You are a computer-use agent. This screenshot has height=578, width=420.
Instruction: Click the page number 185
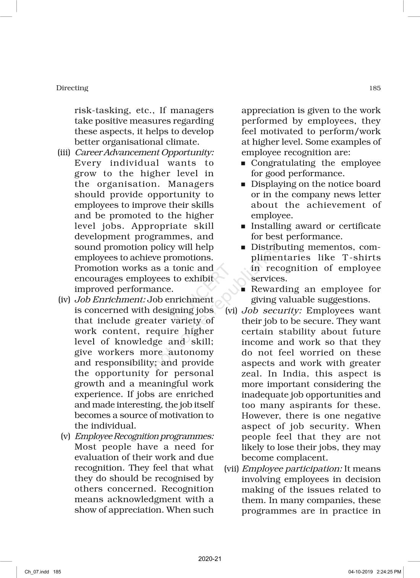375,88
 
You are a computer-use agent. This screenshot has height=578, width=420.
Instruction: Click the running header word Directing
72,88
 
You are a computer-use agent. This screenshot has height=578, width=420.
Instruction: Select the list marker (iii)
65,153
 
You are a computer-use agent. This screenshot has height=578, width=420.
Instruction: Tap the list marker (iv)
65,300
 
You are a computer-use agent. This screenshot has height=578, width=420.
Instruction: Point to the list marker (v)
66,436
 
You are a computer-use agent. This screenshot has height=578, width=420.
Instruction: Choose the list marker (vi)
231,311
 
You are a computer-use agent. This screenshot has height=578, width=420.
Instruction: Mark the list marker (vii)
231,469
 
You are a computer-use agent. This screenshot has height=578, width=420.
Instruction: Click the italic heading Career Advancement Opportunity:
144,153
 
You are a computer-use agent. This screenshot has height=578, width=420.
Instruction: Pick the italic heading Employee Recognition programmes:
144,436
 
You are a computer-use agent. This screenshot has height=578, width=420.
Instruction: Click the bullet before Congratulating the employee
244,164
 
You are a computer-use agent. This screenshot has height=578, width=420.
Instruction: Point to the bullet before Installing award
244,227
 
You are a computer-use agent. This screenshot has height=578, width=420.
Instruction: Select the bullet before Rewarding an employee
244,290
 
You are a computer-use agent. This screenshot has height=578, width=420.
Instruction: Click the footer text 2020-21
210,559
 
